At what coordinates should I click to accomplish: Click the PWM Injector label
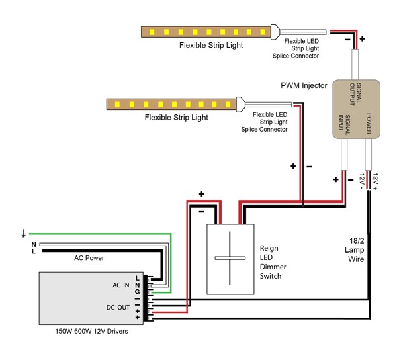click(304, 85)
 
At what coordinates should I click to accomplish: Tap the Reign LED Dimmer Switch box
click(230, 259)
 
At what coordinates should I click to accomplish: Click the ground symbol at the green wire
click(23, 234)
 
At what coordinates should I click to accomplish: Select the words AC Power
click(89, 258)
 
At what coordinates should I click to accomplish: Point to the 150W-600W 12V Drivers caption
click(92, 331)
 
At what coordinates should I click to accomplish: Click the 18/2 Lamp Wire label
click(355, 250)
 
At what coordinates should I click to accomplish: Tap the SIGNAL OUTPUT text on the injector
click(355, 93)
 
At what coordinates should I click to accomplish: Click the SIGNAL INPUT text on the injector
click(345, 124)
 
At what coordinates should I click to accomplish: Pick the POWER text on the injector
click(369, 124)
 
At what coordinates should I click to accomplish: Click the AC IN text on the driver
click(121, 285)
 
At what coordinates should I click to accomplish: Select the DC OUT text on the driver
click(118, 308)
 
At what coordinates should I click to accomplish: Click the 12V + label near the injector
click(375, 181)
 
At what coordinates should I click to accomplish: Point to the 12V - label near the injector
click(361, 181)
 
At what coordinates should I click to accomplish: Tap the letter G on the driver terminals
click(137, 292)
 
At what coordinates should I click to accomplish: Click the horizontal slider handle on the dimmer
click(230, 258)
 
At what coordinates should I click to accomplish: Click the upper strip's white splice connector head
click(275, 32)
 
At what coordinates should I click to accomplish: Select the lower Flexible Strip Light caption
click(177, 118)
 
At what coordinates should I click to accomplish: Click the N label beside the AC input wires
click(34, 244)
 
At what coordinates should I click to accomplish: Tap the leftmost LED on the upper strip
click(152, 32)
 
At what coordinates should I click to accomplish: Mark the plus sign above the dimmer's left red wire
click(202, 194)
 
